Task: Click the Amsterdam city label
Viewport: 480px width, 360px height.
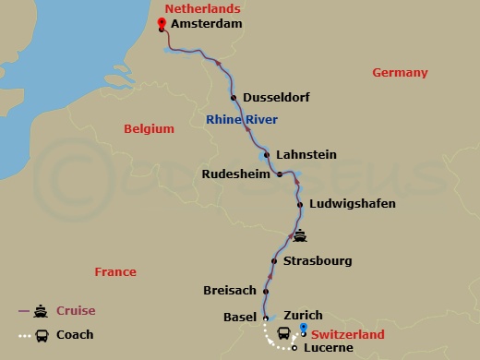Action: (207, 24)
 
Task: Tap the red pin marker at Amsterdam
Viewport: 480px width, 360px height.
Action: (161, 28)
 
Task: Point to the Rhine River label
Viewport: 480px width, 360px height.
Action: (242, 119)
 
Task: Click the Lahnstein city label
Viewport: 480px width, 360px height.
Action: (306, 154)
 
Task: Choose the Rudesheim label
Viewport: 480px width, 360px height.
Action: (235, 173)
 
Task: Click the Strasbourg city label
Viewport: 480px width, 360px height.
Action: (318, 260)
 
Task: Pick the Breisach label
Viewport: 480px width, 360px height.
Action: (229, 290)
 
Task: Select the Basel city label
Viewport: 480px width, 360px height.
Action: (240, 317)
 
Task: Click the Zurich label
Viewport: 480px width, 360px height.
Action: (303, 315)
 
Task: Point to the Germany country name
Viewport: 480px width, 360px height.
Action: (400, 73)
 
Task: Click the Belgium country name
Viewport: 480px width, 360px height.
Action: (149, 129)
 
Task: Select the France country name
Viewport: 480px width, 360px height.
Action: (115, 271)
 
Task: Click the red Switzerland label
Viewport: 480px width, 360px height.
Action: (348, 333)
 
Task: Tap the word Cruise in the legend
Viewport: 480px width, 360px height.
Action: (76, 311)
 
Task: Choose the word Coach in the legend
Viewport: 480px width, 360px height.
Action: (75, 335)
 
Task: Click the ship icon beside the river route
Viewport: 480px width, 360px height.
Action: (300, 235)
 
